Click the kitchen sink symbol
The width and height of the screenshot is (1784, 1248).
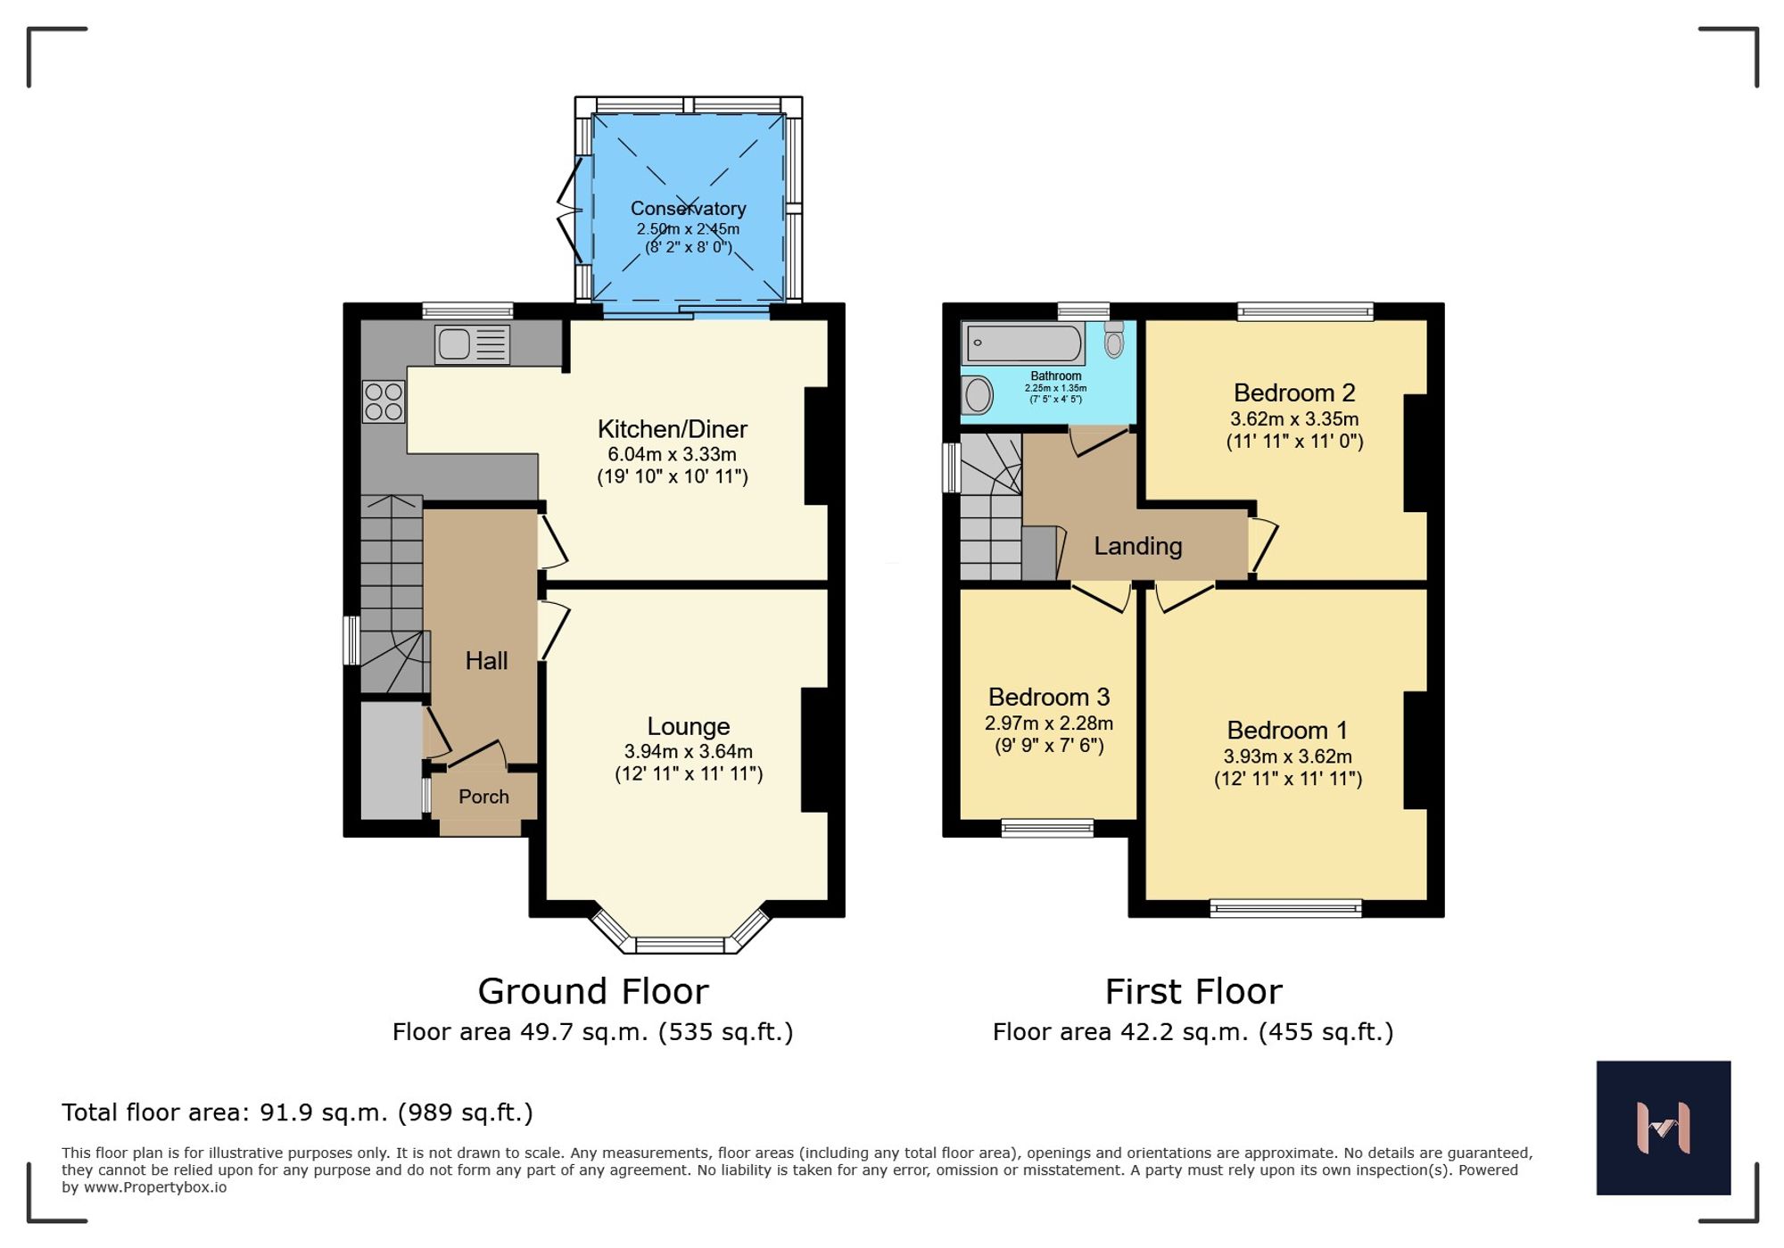coord(472,344)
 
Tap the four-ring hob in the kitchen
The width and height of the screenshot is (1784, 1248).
coord(384,401)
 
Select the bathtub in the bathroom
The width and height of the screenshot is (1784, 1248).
coord(1023,343)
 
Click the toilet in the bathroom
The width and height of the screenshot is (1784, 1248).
coord(1114,340)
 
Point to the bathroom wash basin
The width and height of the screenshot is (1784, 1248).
coord(979,395)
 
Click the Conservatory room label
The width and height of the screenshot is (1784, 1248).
coord(688,208)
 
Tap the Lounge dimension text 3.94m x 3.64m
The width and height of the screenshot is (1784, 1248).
coord(688,751)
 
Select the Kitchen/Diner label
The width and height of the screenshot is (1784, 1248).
coord(672,429)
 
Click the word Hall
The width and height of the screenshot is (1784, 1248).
coord(486,661)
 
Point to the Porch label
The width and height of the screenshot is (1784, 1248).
coord(483,797)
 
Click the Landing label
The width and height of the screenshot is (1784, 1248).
coord(1137,546)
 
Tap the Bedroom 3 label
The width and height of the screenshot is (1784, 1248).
coord(1048,697)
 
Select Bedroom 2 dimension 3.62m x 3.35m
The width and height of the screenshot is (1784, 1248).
coord(1293,418)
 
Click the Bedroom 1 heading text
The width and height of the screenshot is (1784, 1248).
coord(1286,731)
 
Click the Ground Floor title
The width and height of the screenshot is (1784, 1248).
coord(592,991)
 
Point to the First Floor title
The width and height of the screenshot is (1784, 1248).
coord(1193,991)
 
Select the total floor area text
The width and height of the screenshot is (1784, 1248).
coord(297,1112)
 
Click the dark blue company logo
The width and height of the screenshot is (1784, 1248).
coord(1663,1128)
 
